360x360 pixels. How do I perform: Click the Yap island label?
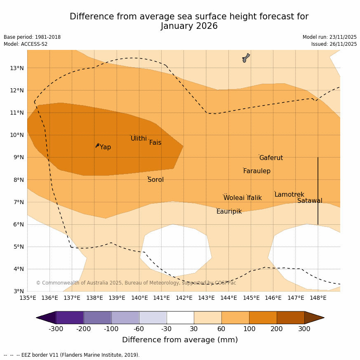coord(105,147)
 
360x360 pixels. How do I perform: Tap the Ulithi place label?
coord(139,139)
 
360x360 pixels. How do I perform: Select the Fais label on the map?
coord(155,143)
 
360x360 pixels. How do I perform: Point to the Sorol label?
coord(155,180)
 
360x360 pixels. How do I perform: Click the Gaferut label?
coord(271,158)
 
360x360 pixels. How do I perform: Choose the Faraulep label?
coord(256,171)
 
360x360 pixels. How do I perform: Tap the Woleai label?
coord(234,198)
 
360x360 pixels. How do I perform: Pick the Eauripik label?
coord(229,212)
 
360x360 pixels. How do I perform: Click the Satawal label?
coord(310,201)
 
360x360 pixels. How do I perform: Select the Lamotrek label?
coord(289,195)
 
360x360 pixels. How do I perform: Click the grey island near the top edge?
coord(246,58)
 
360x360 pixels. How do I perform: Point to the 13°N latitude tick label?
coord(16,68)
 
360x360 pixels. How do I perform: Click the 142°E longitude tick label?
coord(184,298)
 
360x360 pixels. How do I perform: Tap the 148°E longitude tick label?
coord(318,298)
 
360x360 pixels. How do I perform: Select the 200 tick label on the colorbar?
coord(277,329)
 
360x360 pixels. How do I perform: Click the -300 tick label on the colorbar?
coord(56,329)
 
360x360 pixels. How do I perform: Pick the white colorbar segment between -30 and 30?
coord(180,318)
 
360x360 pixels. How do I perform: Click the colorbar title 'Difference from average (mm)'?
coord(180,340)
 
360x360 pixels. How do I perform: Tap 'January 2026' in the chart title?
coord(189,26)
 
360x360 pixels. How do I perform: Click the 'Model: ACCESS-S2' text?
coord(26,44)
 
